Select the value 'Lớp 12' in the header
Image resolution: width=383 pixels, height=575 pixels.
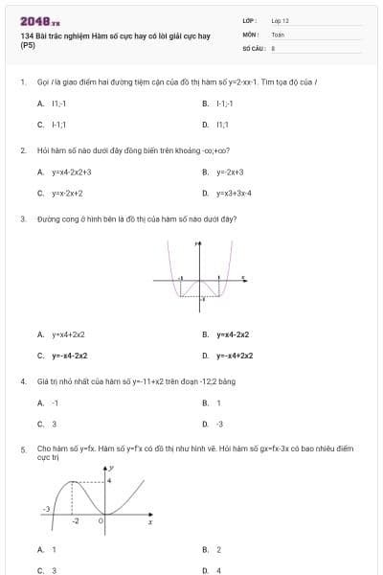(x=280, y=20)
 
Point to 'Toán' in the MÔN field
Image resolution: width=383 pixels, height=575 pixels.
(x=278, y=34)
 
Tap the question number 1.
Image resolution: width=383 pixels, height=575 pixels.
(x=22, y=82)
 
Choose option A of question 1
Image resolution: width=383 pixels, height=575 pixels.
(x=56, y=103)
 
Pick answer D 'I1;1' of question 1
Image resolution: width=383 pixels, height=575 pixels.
(x=222, y=125)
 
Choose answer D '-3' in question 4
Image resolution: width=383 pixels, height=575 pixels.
(x=219, y=424)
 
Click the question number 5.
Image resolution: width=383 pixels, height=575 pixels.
(x=22, y=448)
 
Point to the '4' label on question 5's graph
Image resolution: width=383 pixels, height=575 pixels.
(x=109, y=478)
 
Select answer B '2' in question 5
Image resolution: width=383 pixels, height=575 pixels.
(x=218, y=550)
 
